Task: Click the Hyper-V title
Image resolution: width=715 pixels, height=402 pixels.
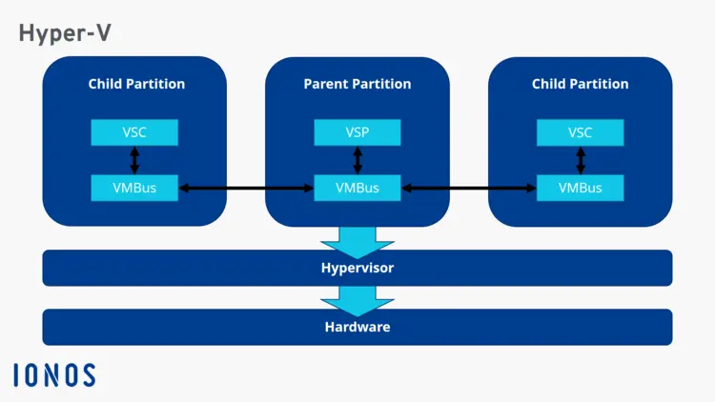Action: (x=65, y=33)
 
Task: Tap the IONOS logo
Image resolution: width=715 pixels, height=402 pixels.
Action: (x=54, y=375)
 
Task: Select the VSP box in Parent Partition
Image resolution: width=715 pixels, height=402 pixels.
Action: (x=357, y=132)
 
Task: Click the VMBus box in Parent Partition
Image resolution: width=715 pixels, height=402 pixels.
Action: (x=357, y=188)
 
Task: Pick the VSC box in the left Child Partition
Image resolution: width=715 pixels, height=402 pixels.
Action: (x=134, y=132)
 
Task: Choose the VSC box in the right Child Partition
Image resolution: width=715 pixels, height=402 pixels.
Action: (x=580, y=132)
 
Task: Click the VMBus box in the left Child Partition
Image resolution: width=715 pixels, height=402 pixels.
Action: (x=134, y=188)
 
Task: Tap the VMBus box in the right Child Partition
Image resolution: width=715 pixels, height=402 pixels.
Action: (x=580, y=188)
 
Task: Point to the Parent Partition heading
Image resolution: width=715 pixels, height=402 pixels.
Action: (x=357, y=84)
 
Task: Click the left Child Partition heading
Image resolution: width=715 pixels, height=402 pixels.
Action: (x=136, y=84)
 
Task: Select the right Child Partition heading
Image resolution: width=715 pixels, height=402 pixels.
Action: (x=580, y=84)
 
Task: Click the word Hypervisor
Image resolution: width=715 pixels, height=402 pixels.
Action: (x=357, y=268)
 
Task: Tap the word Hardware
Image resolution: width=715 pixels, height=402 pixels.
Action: (x=357, y=327)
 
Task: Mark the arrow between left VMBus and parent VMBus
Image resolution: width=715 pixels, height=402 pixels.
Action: (x=246, y=189)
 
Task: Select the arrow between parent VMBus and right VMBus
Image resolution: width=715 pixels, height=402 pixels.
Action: (x=469, y=189)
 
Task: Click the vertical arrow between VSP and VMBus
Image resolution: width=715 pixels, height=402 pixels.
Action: (x=357, y=160)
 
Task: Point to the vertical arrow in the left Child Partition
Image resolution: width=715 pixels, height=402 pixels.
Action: (x=134, y=160)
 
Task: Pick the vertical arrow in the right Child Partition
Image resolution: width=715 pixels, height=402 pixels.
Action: (x=580, y=160)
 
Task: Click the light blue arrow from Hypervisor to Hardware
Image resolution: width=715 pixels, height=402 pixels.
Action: (x=357, y=300)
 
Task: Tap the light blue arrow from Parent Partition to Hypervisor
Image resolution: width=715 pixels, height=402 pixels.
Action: (x=357, y=241)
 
